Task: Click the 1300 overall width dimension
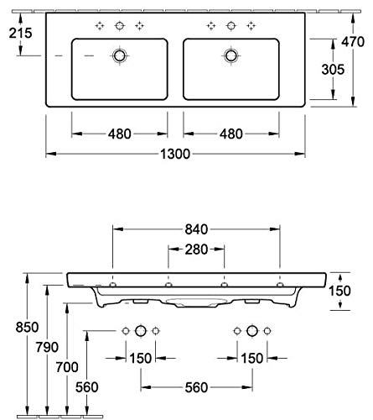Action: [175, 154]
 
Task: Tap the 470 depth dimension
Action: [353, 42]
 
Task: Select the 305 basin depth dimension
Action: [333, 70]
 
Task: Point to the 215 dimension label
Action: [20, 33]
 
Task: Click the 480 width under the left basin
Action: [120, 134]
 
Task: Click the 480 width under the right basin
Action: [231, 134]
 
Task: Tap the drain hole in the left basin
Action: [120, 55]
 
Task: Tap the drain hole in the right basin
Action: [231, 55]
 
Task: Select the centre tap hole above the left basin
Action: [120, 26]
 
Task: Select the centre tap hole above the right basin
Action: [231, 26]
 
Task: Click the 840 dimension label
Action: [196, 229]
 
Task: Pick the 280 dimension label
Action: [196, 249]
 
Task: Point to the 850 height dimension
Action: [27, 327]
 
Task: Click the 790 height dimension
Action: [47, 347]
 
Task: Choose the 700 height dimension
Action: [67, 367]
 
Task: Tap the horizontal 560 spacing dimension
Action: [196, 387]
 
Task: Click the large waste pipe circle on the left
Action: [141, 331]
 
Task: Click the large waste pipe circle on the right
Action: [252, 331]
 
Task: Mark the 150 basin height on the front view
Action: [339, 291]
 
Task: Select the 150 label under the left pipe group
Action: [141, 358]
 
